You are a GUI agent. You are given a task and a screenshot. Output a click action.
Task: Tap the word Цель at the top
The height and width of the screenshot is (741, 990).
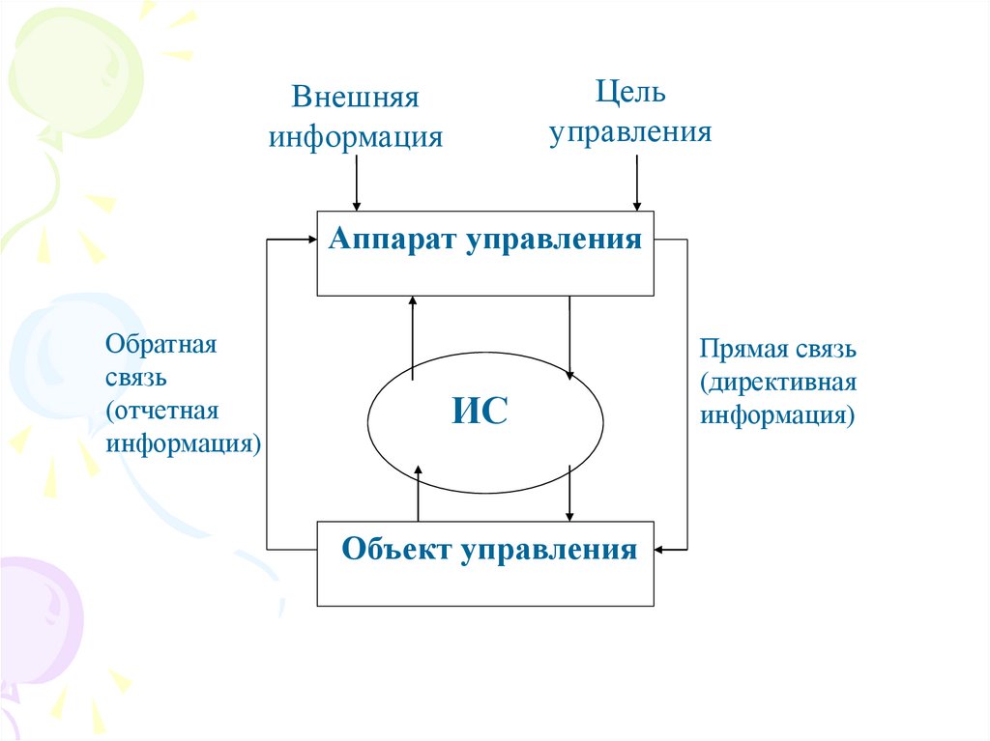point(630,93)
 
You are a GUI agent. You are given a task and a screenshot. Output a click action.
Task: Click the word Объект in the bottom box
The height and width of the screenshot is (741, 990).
point(396,550)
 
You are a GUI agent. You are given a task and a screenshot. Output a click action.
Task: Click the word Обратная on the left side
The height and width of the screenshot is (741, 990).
point(161,344)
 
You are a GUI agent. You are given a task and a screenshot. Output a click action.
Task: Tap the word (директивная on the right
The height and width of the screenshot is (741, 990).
point(779,383)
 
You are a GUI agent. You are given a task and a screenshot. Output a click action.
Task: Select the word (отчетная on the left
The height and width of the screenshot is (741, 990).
point(163,411)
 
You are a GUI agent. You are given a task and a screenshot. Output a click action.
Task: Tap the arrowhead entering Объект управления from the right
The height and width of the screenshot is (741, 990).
point(661,550)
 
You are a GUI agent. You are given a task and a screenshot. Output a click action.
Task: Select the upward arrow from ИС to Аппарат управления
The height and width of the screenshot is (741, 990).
point(413,338)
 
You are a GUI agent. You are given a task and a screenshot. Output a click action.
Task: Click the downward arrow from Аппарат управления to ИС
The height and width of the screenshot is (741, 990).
point(569,338)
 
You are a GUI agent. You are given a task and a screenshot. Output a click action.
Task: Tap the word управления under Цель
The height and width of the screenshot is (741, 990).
point(630,130)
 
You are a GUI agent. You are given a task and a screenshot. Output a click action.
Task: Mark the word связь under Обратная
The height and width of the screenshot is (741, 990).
point(136,378)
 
